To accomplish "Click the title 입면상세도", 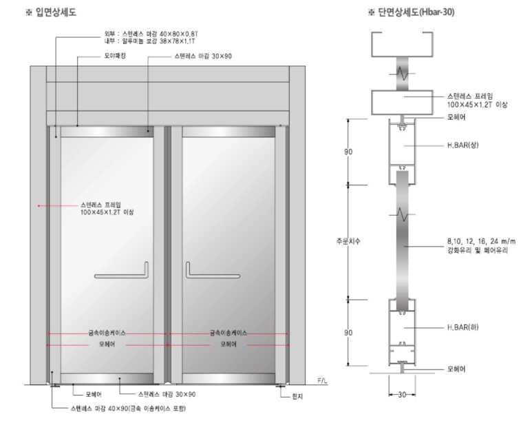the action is pos(56,12).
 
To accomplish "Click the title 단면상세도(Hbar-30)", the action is pos(416,12).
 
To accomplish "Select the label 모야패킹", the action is pos(115,56).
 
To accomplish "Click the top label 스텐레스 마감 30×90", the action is pos(203,56).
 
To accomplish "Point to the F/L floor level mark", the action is pos(322,380).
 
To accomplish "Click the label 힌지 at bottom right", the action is pos(297,396).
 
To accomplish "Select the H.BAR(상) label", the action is pos(462,145).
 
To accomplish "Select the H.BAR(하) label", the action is pos(462,327).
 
